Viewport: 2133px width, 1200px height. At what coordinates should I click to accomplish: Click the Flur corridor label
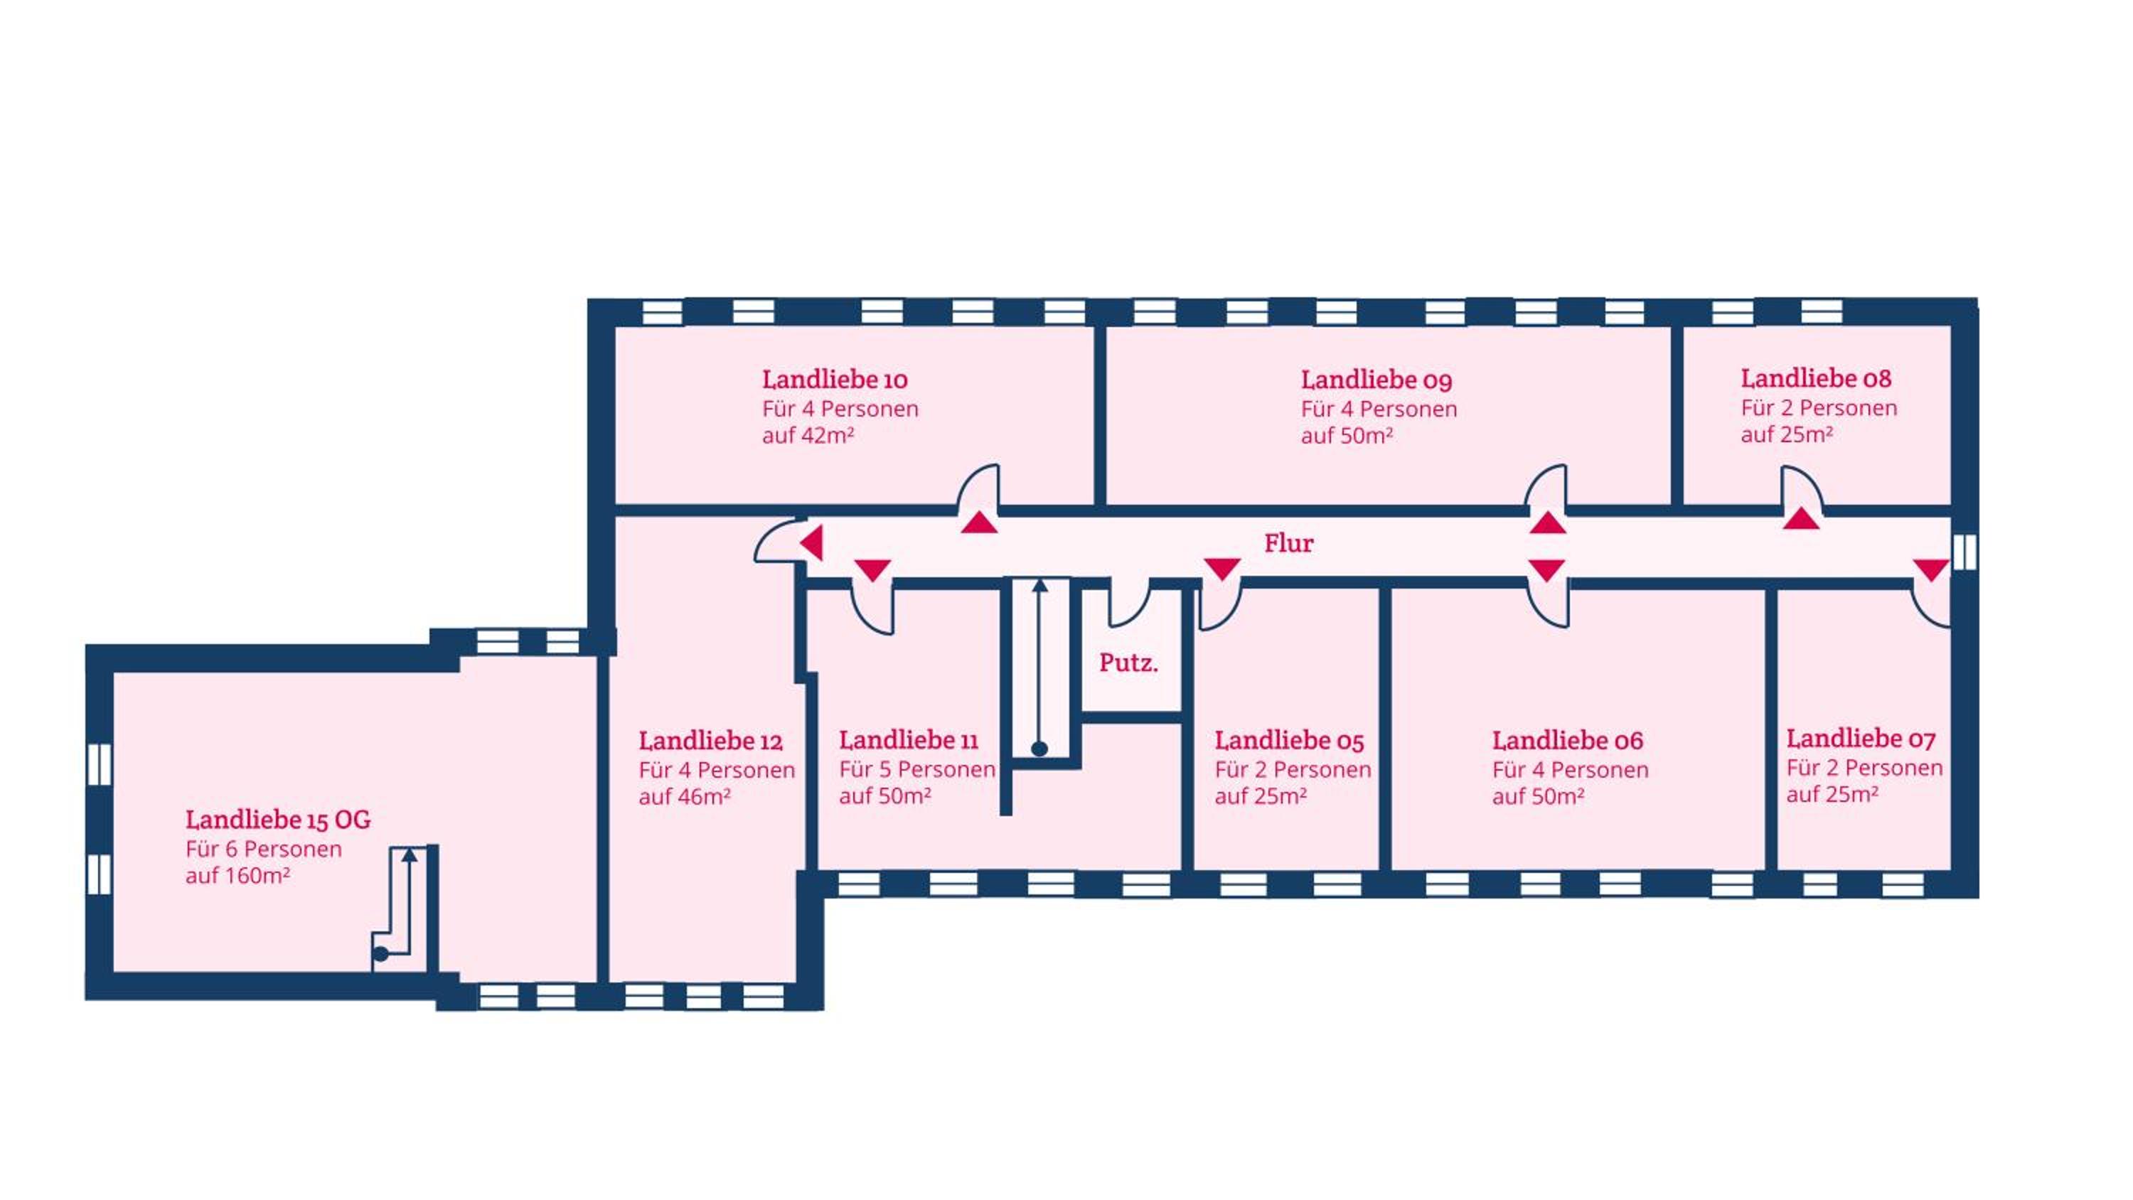pyautogui.click(x=1288, y=543)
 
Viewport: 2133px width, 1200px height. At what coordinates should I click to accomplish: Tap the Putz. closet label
pyautogui.click(x=1128, y=663)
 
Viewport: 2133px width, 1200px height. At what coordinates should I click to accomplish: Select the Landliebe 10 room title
pyautogui.click(x=835, y=380)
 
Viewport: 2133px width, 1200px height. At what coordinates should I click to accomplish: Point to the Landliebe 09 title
pyautogui.click(x=1376, y=380)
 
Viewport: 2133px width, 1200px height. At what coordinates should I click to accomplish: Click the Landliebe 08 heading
pyautogui.click(x=1816, y=377)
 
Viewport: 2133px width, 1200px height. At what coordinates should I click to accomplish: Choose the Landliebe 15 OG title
pyautogui.click(x=278, y=819)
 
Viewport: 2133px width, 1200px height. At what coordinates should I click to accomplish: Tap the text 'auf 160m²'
pyautogui.click(x=237, y=875)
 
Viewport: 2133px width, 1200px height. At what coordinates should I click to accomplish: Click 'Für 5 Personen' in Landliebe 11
pyautogui.click(x=916, y=769)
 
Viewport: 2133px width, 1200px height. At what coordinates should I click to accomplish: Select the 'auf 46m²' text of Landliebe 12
pyautogui.click(x=685, y=797)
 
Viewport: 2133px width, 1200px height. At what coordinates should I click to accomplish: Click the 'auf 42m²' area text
pyautogui.click(x=808, y=436)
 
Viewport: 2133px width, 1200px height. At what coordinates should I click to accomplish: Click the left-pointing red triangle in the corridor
pyautogui.click(x=811, y=544)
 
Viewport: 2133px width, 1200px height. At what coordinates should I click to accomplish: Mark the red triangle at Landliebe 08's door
pyautogui.click(x=1801, y=519)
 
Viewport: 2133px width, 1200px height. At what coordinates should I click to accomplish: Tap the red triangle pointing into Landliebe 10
pyautogui.click(x=979, y=523)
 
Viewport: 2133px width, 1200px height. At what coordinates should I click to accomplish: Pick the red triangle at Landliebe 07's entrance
pyautogui.click(x=1931, y=569)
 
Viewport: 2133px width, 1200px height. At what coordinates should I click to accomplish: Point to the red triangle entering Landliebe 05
pyautogui.click(x=1222, y=568)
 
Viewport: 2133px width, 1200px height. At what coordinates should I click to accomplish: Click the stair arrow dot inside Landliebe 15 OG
pyautogui.click(x=381, y=954)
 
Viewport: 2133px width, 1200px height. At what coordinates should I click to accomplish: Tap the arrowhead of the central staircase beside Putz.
pyautogui.click(x=1040, y=586)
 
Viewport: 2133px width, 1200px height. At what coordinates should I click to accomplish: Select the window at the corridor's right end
pyautogui.click(x=1964, y=552)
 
